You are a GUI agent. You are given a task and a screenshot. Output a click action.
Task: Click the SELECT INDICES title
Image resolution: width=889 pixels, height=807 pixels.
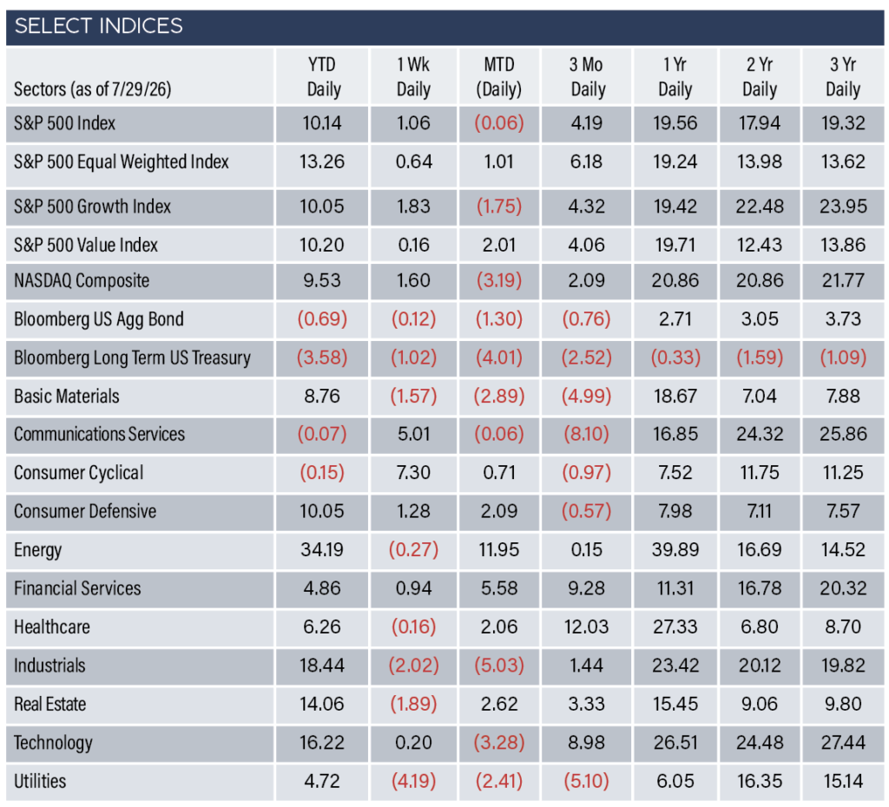(x=99, y=26)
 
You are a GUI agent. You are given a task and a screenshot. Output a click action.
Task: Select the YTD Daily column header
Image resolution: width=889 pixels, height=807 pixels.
(x=323, y=76)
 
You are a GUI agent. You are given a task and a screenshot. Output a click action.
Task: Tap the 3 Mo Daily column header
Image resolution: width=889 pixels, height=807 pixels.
(x=588, y=76)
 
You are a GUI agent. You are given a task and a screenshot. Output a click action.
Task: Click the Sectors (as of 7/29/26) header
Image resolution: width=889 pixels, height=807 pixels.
(x=92, y=89)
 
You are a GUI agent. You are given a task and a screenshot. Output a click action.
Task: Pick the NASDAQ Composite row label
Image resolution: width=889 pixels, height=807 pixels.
(x=82, y=280)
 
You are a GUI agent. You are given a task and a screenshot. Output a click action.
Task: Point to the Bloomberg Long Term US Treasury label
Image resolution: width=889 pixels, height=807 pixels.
(x=132, y=358)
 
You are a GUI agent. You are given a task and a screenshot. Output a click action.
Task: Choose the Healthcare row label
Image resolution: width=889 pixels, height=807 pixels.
(x=51, y=627)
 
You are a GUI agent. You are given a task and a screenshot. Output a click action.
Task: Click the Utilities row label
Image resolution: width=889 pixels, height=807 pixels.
(x=40, y=781)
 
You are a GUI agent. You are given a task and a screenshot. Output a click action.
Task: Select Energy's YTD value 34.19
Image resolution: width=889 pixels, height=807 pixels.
(x=322, y=549)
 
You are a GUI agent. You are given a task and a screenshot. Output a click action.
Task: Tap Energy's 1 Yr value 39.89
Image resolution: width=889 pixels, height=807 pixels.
(x=675, y=549)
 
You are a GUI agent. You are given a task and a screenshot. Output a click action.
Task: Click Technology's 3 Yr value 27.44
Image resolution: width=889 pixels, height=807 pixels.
(x=843, y=743)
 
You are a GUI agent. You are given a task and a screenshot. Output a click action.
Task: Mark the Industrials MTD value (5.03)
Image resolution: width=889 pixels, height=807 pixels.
(x=499, y=666)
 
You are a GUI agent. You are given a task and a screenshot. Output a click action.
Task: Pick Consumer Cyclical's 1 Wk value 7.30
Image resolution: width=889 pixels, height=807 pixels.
(x=413, y=473)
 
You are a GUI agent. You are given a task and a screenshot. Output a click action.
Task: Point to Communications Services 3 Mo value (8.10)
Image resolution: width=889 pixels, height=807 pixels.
(x=586, y=434)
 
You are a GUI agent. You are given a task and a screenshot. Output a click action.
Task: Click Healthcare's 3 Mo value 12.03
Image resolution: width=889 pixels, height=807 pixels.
(x=586, y=627)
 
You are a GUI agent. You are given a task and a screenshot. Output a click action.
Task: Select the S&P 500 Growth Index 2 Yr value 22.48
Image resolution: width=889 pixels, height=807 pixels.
(x=760, y=207)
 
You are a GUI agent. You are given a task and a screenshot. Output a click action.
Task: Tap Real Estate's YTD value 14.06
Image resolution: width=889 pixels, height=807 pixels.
(x=322, y=704)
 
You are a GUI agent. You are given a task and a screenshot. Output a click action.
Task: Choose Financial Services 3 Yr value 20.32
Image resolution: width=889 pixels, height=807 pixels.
(x=843, y=588)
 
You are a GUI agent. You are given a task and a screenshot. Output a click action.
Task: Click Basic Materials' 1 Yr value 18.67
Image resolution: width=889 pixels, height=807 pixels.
(x=675, y=396)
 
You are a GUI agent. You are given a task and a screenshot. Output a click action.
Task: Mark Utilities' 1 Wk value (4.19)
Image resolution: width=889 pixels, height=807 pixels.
(x=413, y=781)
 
